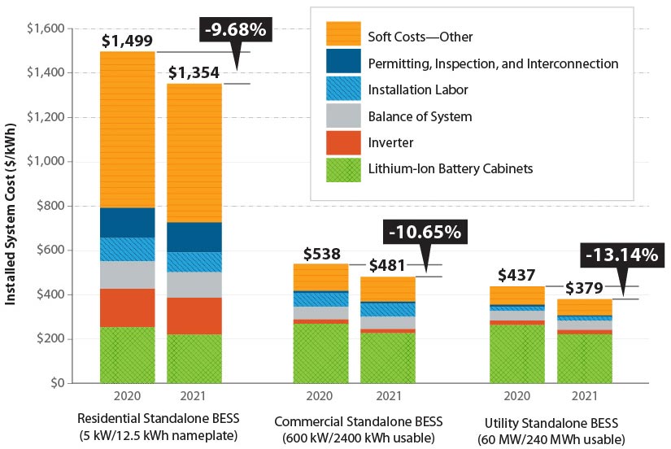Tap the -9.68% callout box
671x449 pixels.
click(x=234, y=32)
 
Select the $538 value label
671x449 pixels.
click(x=321, y=255)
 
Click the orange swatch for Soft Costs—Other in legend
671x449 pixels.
click(x=343, y=37)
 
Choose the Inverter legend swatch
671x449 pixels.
click(x=343, y=142)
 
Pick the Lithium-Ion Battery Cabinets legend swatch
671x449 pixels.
click(x=343, y=168)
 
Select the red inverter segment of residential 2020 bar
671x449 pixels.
click(x=128, y=307)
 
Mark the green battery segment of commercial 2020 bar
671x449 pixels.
click(x=320, y=353)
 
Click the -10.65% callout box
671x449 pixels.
click(x=425, y=231)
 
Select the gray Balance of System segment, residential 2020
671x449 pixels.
click(x=128, y=274)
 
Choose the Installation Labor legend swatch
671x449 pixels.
click(x=343, y=89)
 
